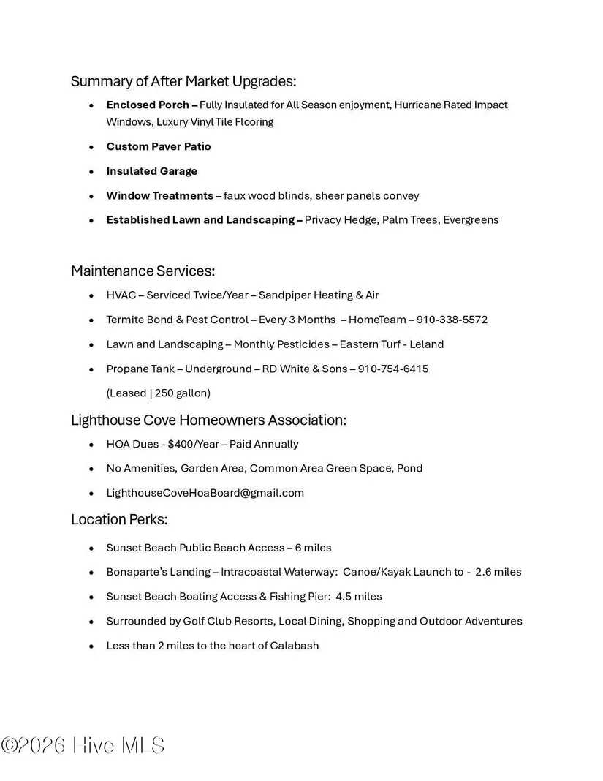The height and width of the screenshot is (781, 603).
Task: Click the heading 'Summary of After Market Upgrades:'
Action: tap(183, 81)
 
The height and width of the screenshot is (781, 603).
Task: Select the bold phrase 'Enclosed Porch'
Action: tap(148, 105)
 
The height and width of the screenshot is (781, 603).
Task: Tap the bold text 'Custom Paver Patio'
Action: tap(159, 146)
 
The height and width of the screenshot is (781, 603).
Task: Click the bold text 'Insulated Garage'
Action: tap(152, 171)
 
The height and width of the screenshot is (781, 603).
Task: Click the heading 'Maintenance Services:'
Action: tap(143, 271)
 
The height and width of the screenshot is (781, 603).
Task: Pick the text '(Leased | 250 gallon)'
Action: tap(159, 393)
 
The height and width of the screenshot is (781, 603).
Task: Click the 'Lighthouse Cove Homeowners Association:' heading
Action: tap(208, 420)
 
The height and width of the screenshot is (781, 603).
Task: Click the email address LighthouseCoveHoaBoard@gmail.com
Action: tap(205, 493)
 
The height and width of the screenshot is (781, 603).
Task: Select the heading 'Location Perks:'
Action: tap(119, 520)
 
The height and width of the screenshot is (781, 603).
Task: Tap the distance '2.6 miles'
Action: tap(498, 572)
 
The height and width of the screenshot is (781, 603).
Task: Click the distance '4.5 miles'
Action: tap(359, 597)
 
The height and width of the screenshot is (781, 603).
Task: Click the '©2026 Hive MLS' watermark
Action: tap(83, 746)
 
